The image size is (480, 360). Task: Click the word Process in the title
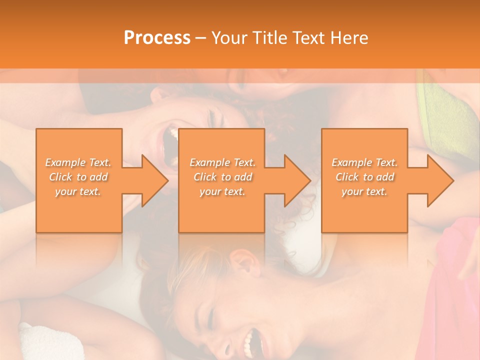157,38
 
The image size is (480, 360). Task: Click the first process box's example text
78,176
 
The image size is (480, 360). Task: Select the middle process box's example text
222,176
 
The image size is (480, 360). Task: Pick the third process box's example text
364,176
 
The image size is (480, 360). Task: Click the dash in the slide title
201,38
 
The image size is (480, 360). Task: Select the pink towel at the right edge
457,280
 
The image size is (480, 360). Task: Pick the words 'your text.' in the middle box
222,191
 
